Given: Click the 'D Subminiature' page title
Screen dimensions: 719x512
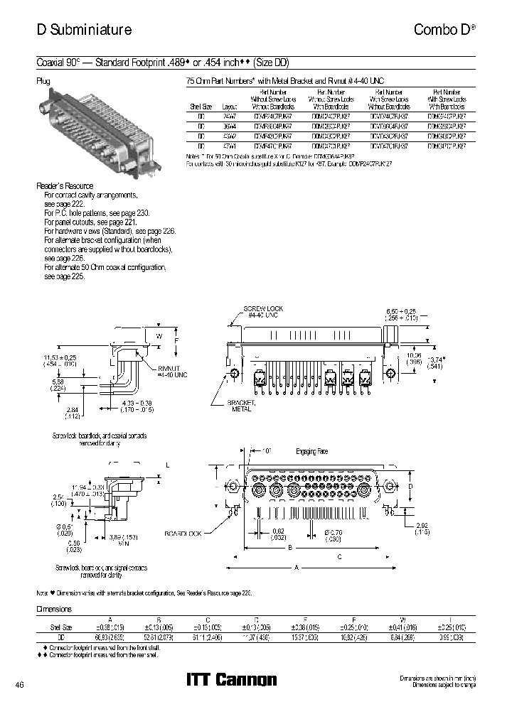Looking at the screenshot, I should tap(84, 30).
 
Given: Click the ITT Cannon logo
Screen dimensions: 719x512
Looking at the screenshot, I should tap(231, 680).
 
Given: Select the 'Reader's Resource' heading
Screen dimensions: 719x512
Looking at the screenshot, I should tap(65, 186).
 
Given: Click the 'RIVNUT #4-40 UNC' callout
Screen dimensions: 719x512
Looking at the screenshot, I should tap(174, 370).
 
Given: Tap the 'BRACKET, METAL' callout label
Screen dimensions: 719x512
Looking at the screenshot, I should tap(240, 405).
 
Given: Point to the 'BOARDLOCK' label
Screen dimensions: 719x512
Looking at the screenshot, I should tap(184, 533).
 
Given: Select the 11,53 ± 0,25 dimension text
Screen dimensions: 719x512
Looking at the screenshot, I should tap(60, 357).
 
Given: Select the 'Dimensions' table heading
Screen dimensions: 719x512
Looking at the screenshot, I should tap(54, 610).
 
